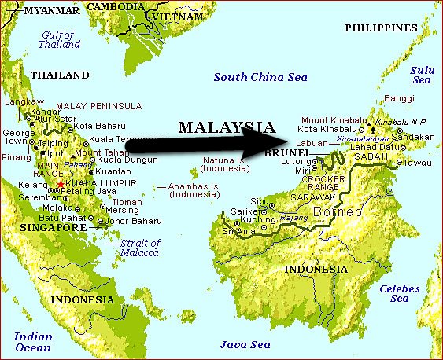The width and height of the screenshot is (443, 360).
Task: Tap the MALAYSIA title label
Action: (x=226, y=127)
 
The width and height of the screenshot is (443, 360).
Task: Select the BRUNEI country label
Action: (x=290, y=152)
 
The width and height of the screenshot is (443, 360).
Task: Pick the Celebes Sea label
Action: (x=400, y=293)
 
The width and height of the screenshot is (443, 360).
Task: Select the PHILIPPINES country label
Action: (x=380, y=28)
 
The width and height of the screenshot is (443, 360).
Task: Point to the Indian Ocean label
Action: (x=33, y=342)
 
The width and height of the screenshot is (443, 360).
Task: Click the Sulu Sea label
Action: (x=423, y=75)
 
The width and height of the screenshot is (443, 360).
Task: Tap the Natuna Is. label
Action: (x=224, y=163)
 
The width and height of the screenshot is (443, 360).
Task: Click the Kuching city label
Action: (x=254, y=222)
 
